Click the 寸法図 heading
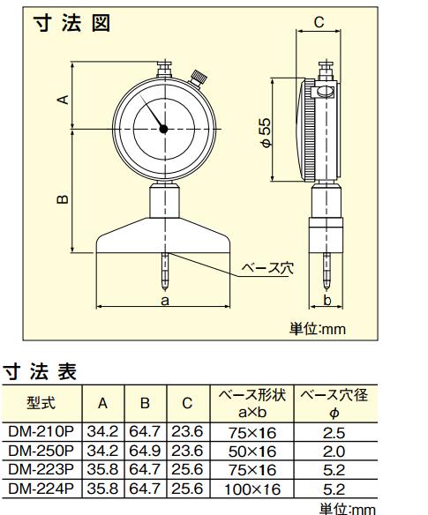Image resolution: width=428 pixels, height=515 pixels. pos(72,23)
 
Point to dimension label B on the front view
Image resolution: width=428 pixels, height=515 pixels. pos(63,199)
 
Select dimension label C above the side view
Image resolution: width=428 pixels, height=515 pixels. pos(319,22)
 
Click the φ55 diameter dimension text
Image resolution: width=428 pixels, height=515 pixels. pos(266,132)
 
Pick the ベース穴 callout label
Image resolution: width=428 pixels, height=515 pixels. pos(267,269)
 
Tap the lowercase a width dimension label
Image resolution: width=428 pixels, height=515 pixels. pos(165,300)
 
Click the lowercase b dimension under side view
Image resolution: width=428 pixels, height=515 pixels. pos(327,300)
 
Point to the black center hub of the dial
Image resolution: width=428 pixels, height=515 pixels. pos(163,129)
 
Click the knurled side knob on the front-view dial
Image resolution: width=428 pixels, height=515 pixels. pos(199,78)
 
